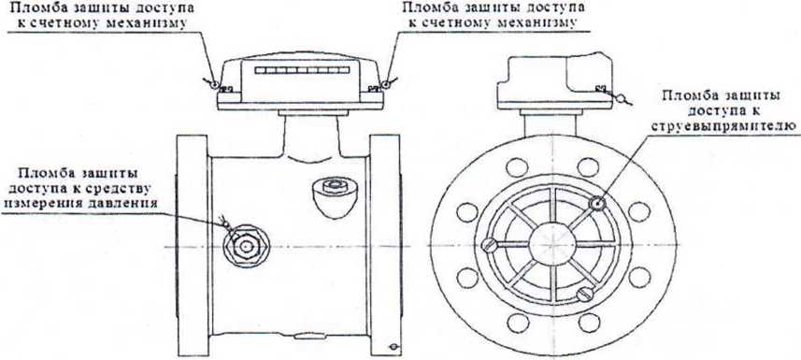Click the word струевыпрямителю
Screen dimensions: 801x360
click(726, 126)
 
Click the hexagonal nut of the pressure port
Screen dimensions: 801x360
click(246, 246)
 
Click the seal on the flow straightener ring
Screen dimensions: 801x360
click(596, 204)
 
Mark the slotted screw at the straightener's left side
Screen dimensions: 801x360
click(489, 245)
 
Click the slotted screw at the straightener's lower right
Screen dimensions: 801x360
click(584, 294)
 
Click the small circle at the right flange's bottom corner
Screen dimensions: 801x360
click(393, 347)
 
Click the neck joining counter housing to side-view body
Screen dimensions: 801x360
click(310, 136)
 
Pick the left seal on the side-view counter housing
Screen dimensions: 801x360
click(213, 83)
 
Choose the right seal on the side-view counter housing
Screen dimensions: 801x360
click(389, 83)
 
